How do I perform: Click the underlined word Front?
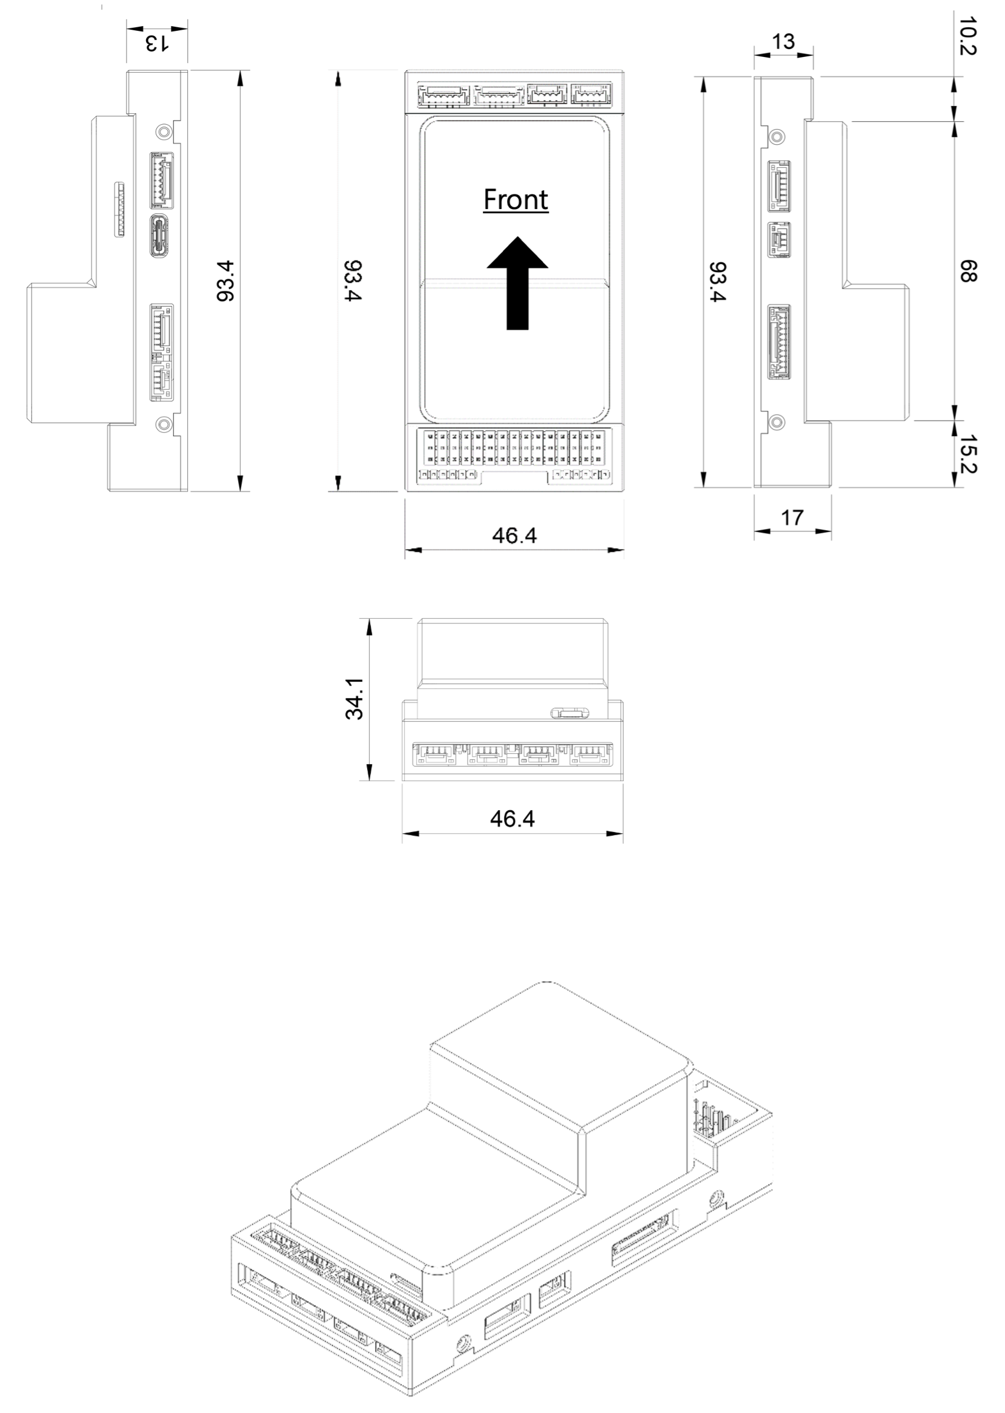point(516,200)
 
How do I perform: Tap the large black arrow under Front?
point(517,283)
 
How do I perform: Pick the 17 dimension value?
point(792,517)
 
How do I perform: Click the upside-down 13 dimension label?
point(156,44)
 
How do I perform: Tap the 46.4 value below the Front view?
point(514,535)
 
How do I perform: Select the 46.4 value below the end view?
point(512,819)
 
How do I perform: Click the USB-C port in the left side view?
point(161,236)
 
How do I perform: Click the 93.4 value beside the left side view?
point(226,281)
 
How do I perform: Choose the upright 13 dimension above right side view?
point(783,42)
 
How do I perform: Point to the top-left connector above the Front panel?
point(443,96)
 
